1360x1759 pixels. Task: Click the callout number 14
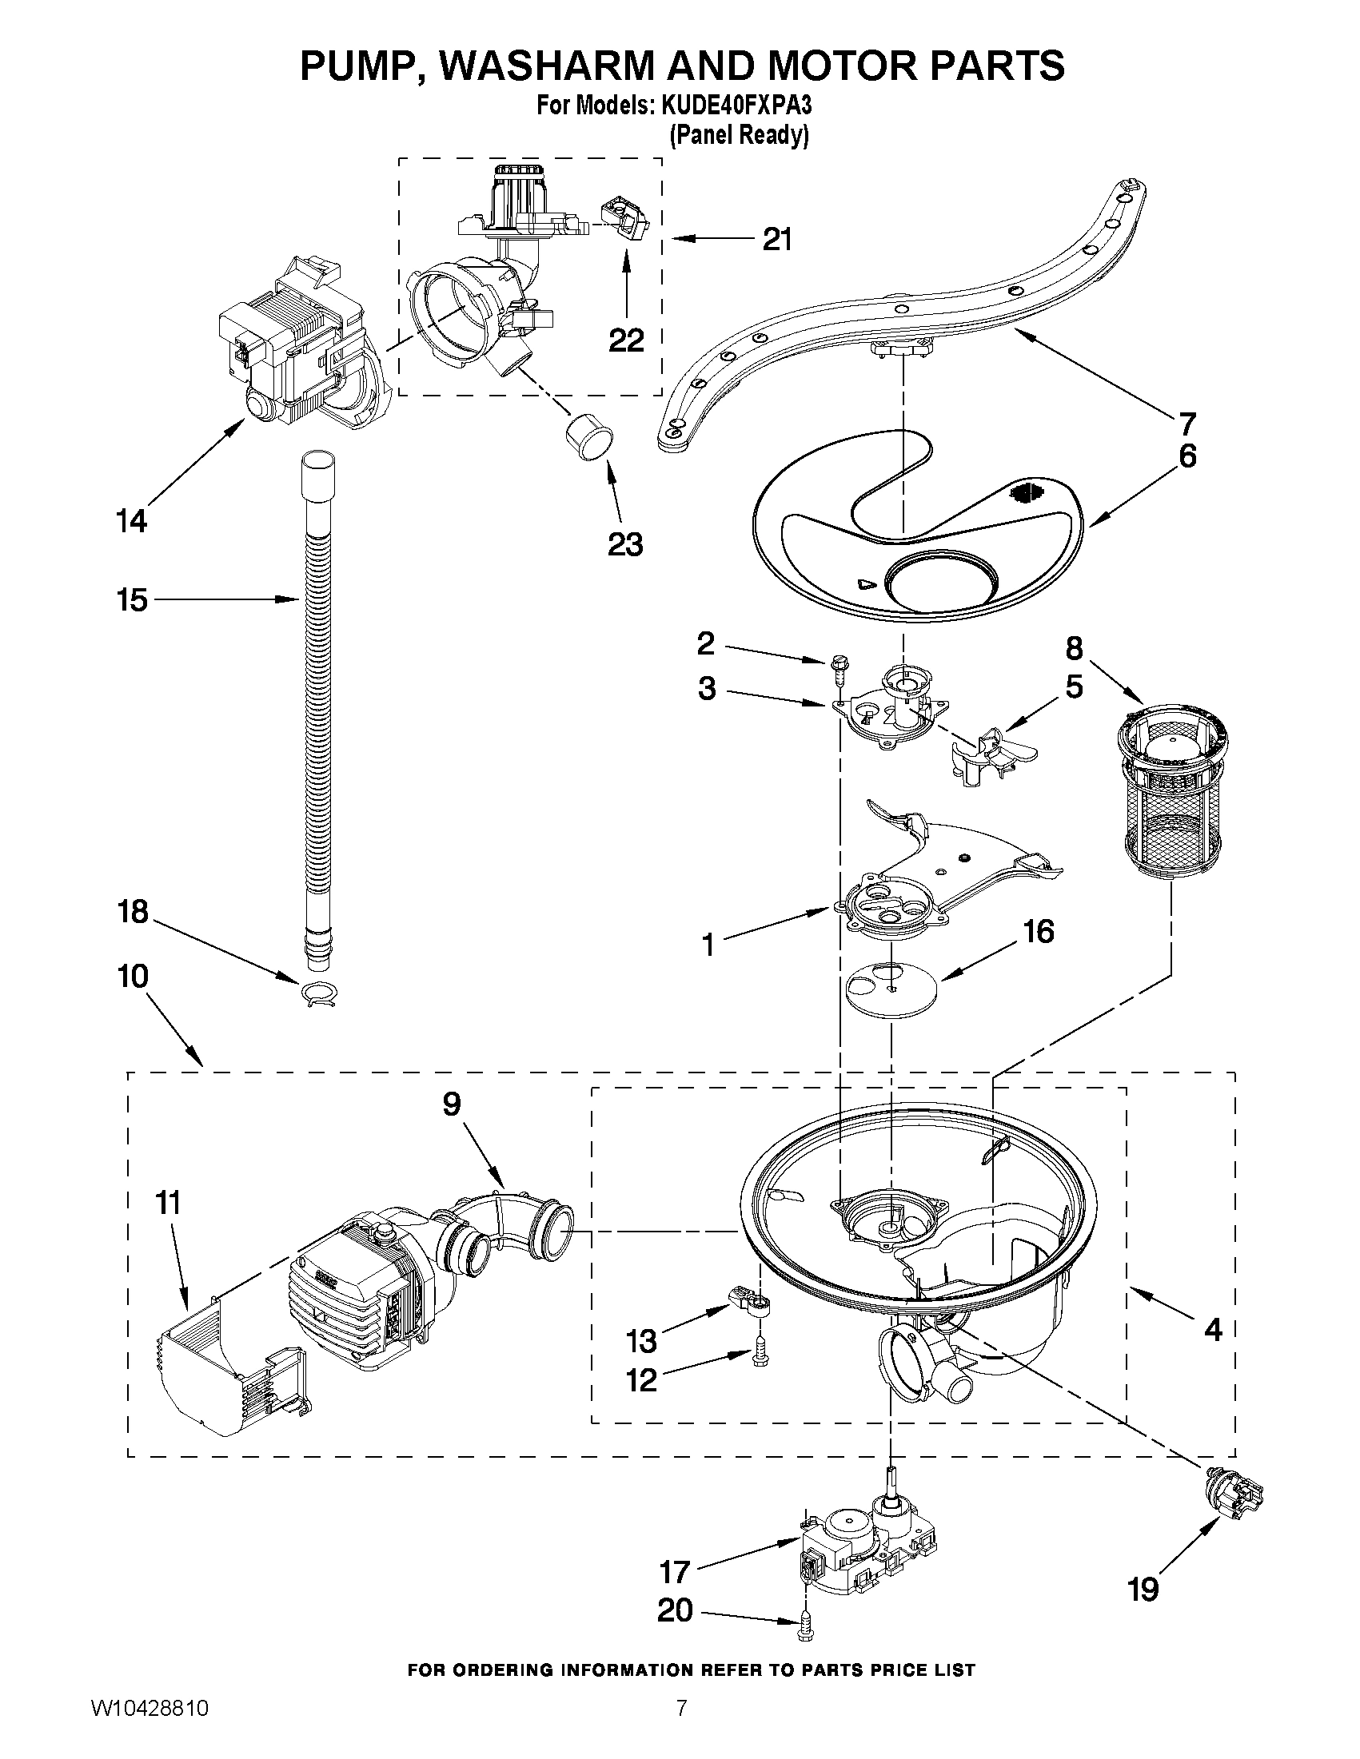tap(132, 521)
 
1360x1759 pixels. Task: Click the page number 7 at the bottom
tap(682, 1725)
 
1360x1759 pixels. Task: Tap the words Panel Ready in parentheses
tap(739, 136)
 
